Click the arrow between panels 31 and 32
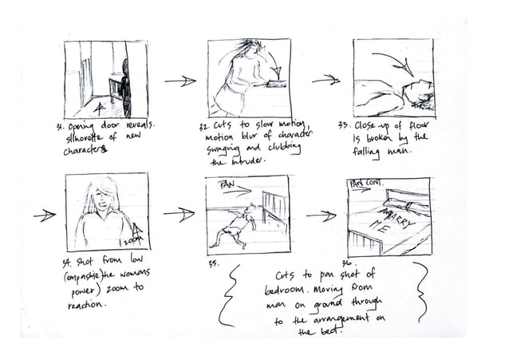pyautogui.click(x=180, y=81)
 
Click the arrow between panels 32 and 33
pyautogui.click(x=325, y=80)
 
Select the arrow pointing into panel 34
pyautogui.click(x=45, y=214)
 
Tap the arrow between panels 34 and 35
pyautogui.click(x=179, y=214)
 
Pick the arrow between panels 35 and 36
pyautogui.click(x=321, y=215)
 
